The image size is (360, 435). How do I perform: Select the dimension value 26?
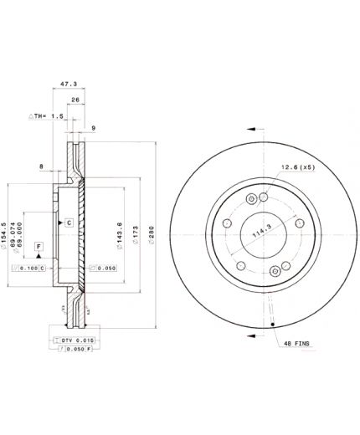(76, 100)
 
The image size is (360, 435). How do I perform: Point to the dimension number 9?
(92, 128)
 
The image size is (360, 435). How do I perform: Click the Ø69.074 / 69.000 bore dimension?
(23, 223)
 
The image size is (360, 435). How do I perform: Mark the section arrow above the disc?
(255, 128)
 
